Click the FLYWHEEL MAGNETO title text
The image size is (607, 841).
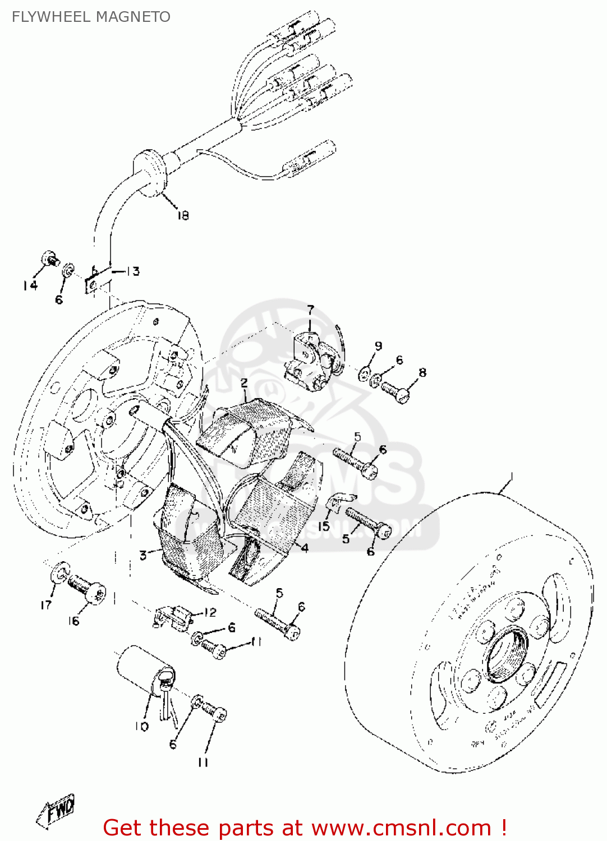(x=91, y=17)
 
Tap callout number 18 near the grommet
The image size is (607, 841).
(x=183, y=215)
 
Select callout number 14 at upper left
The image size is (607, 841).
(x=30, y=286)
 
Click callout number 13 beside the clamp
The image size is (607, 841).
(x=132, y=271)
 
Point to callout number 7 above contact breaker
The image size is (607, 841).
(x=310, y=309)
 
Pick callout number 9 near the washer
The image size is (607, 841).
(x=378, y=346)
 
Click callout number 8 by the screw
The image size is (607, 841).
(x=422, y=372)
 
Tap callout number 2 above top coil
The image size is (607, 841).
(x=244, y=383)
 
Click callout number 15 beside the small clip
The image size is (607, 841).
(x=324, y=526)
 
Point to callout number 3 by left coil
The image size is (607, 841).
(x=143, y=556)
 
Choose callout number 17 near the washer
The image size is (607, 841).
(x=46, y=604)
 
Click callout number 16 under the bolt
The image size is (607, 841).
(x=73, y=621)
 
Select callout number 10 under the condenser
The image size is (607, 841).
(x=141, y=727)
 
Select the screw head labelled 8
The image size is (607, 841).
(x=402, y=395)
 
